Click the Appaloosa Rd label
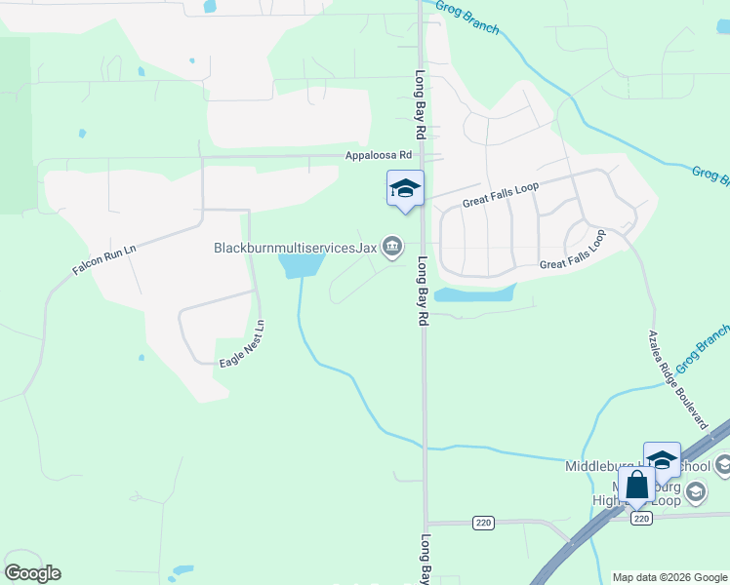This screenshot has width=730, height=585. click(x=379, y=155)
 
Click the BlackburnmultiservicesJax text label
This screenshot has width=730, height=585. click(x=295, y=248)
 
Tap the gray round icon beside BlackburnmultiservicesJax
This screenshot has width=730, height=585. click(x=391, y=247)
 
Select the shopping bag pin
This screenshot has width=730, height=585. click(x=636, y=485)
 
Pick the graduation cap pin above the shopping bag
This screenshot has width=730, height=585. click(x=662, y=460)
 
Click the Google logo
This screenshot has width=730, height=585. click(x=32, y=573)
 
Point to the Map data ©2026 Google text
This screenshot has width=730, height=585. click(x=669, y=577)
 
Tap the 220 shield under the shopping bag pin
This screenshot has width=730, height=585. click(x=640, y=519)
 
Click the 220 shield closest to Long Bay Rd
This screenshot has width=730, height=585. click(x=482, y=524)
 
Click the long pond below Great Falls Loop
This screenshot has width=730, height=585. click(x=473, y=293)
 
